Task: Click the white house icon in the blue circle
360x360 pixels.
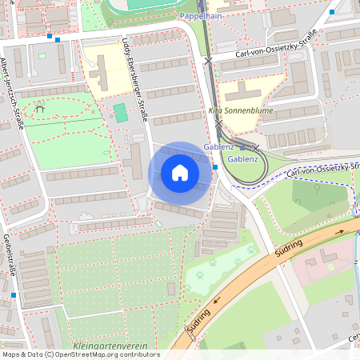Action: tap(180, 173)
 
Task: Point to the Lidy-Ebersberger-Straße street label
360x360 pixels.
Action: tap(134, 80)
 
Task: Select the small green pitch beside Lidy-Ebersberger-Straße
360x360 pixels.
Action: tap(120, 113)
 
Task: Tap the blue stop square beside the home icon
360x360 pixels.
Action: tap(215, 167)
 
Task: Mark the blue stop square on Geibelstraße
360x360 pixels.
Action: tap(14, 295)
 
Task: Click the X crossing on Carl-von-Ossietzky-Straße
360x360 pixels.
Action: tap(208, 60)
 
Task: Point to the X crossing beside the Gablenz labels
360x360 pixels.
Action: tap(254, 147)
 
